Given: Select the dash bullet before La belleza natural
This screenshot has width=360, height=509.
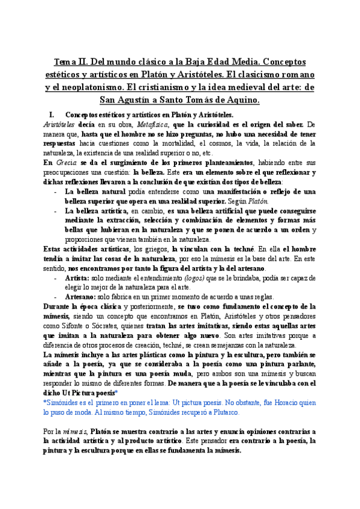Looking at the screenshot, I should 55,191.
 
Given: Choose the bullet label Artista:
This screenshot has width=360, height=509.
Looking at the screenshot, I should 76,278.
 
